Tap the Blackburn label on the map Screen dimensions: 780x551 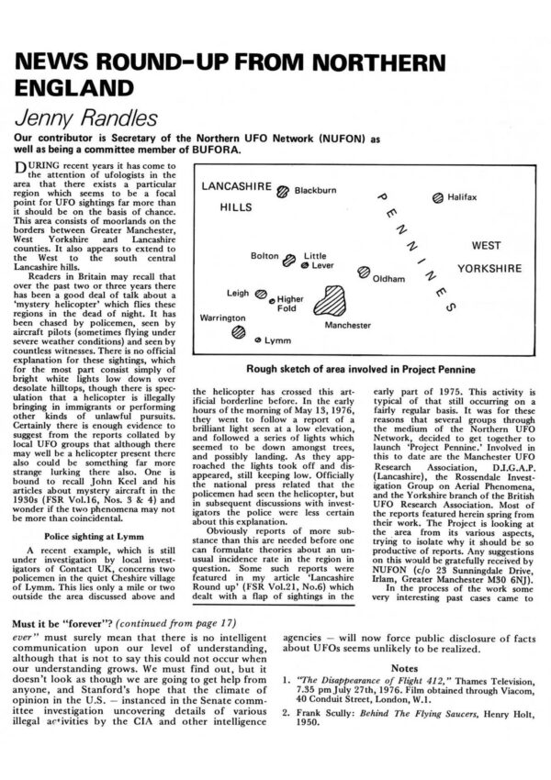316,191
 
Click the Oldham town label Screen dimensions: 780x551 388,277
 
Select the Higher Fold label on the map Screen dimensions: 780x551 290,304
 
